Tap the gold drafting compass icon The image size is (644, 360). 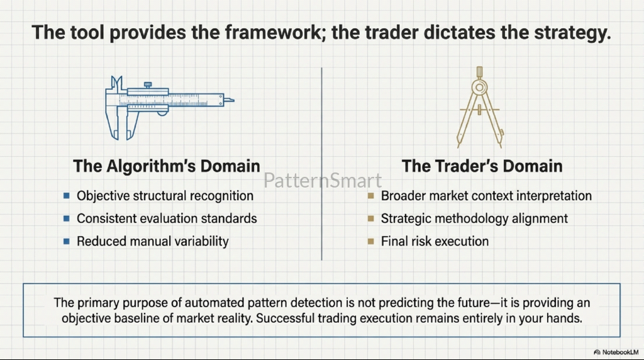tap(480, 108)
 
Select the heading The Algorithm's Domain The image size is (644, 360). tap(166, 166)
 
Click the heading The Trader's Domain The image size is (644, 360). tap(482, 166)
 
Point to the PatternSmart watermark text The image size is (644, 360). tap(323, 181)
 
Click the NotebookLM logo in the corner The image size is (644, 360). tap(616, 352)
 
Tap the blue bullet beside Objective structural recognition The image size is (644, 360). tap(67, 196)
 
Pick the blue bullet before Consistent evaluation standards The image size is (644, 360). tap(67, 218)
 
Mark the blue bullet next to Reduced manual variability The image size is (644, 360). tap(67, 241)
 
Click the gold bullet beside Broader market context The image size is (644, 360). tap(371, 196)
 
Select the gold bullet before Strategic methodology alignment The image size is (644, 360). tap(371, 218)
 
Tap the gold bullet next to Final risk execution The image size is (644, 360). tap(371, 241)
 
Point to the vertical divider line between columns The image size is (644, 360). tap(321, 164)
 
